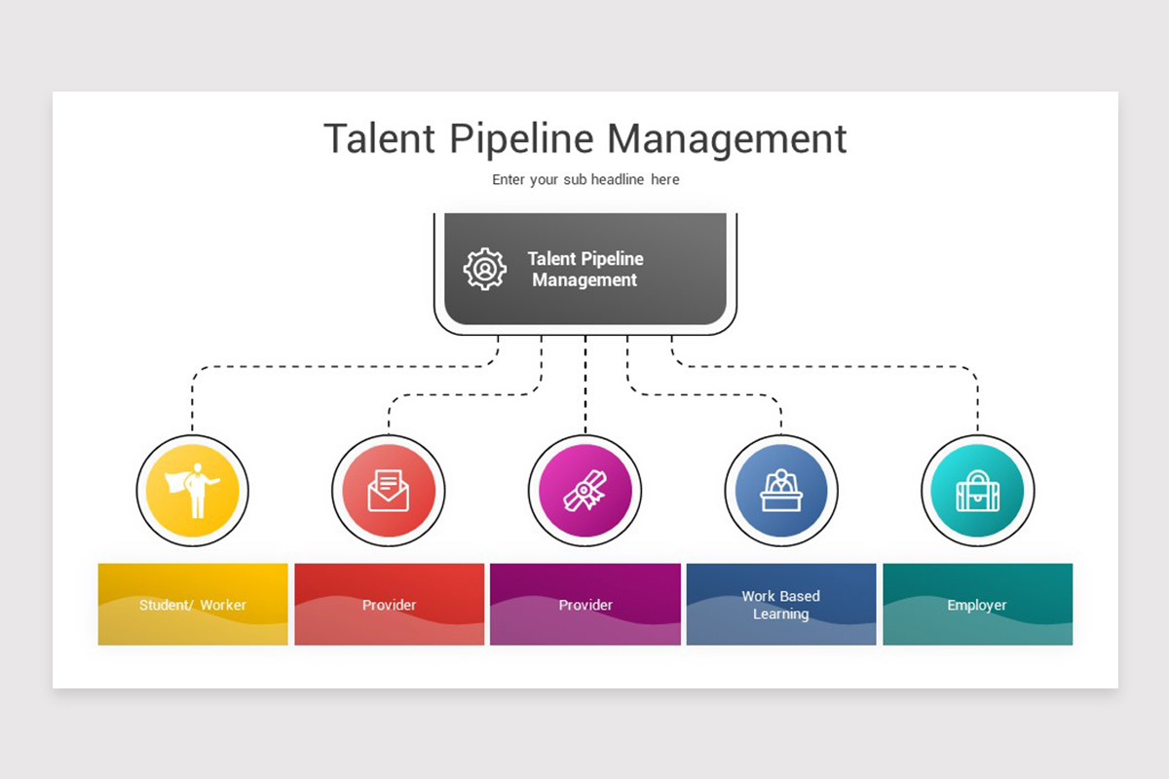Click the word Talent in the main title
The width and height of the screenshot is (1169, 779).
pyautogui.click(x=379, y=139)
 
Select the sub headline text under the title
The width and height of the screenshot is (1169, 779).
pyautogui.click(x=585, y=179)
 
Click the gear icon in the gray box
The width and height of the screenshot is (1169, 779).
pyautogui.click(x=485, y=269)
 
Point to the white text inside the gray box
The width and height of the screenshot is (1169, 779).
pyautogui.click(x=585, y=269)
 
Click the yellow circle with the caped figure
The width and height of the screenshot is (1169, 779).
pyautogui.click(x=193, y=491)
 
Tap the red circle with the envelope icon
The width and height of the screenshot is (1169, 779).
pyautogui.click(x=389, y=491)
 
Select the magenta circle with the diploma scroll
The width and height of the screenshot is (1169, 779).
pyautogui.click(x=585, y=491)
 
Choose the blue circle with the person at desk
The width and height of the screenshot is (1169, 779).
pyautogui.click(x=781, y=491)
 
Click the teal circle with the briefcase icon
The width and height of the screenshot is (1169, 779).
pyautogui.click(x=977, y=491)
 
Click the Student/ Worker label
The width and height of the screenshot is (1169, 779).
pyautogui.click(x=193, y=605)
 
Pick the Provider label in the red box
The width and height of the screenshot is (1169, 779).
pyautogui.click(x=389, y=605)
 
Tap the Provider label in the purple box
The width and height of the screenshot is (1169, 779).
pyautogui.click(x=585, y=605)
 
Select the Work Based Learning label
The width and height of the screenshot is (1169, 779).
pyautogui.click(x=780, y=605)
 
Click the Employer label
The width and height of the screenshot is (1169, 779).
pyautogui.click(x=977, y=606)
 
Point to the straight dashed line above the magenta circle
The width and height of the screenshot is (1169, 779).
pyautogui.click(x=585, y=385)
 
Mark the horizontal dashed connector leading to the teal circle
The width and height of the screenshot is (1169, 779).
pyautogui.click(x=824, y=367)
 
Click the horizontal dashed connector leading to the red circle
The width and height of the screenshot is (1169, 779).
pyautogui.click(x=465, y=395)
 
